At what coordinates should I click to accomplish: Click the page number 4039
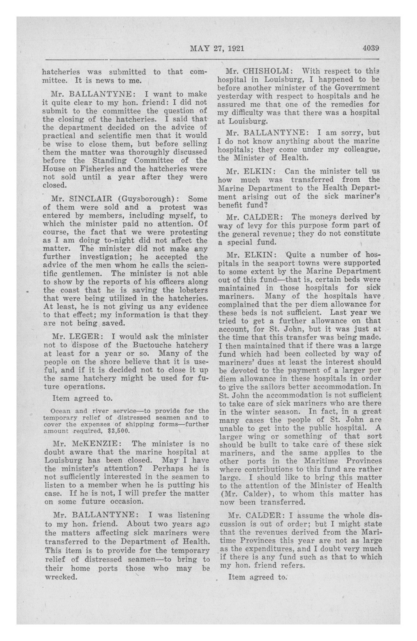click(371, 48)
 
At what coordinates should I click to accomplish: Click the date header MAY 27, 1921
click(217, 49)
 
